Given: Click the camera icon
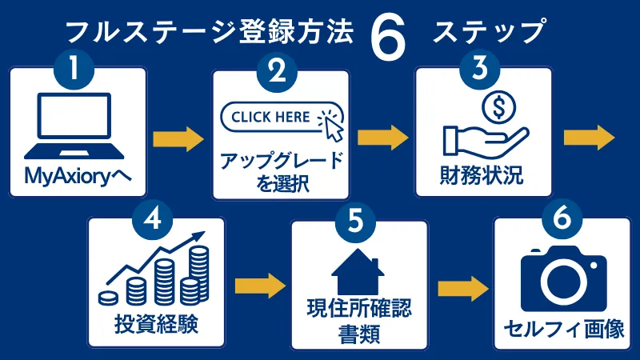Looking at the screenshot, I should click(564, 278).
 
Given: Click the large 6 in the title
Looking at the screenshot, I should click(390, 36).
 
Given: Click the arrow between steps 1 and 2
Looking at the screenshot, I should click(178, 138).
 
